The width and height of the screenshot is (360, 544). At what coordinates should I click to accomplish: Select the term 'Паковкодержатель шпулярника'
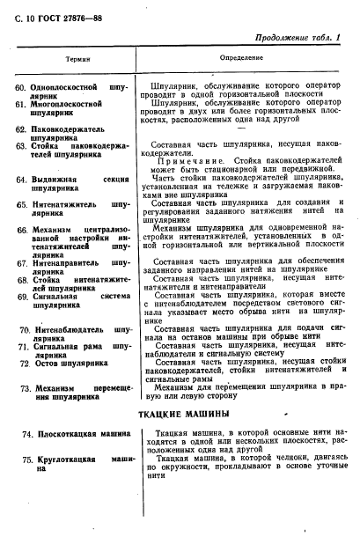coord(70,133)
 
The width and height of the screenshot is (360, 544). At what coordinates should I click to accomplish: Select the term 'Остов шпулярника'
coord(70,363)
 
